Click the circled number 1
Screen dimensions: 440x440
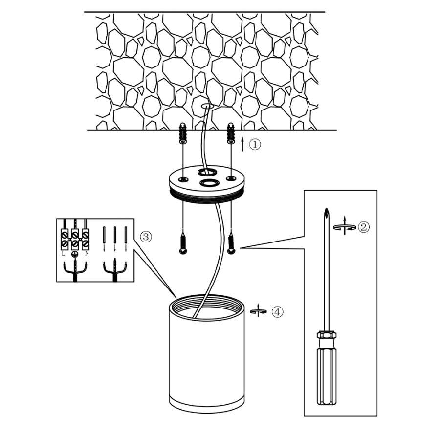(x=256, y=145)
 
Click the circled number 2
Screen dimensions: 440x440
(x=363, y=227)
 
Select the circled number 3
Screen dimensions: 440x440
(x=146, y=237)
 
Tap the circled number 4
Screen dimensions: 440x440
(x=277, y=311)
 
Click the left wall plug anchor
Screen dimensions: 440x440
(x=182, y=132)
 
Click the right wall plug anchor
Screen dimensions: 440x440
(x=230, y=132)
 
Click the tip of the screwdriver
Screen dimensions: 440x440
(x=326, y=211)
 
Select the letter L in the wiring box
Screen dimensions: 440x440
(x=64, y=253)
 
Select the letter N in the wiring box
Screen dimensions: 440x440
(x=87, y=253)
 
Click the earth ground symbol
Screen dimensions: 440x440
(x=75, y=254)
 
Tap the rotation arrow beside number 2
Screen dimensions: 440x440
(x=344, y=226)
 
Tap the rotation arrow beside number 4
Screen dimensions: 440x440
(x=258, y=311)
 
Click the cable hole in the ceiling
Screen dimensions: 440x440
(x=207, y=106)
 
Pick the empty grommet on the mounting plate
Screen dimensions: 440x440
(x=210, y=183)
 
